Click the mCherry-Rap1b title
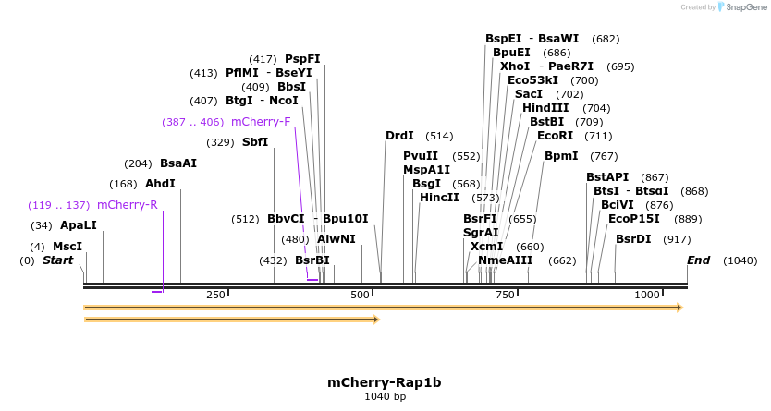click(x=385, y=382)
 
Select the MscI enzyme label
click(x=67, y=247)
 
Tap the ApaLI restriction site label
click(x=78, y=225)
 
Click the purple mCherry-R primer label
click(x=127, y=205)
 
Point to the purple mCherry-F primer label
click(x=261, y=122)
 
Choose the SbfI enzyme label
click(x=255, y=142)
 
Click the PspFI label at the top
click(x=302, y=59)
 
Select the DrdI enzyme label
click(x=399, y=136)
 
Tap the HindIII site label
click(x=545, y=108)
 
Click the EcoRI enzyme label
click(x=555, y=136)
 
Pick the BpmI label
click(x=561, y=156)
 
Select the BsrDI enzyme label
click(x=633, y=239)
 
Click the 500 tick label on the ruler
click(x=360, y=294)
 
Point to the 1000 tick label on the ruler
click(x=647, y=294)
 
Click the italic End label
click(x=698, y=260)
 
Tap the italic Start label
click(x=57, y=260)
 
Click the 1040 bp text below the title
click(x=385, y=396)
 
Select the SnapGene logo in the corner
click(x=739, y=7)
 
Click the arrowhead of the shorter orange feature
click(x=376, y=320)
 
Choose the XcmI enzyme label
click(x=486, y=247)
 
